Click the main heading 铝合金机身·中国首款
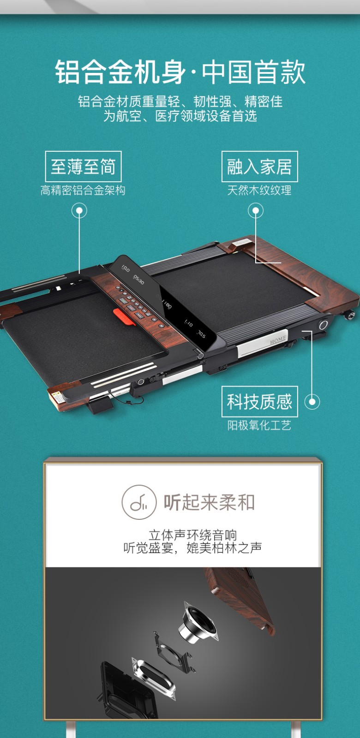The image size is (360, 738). pos(180,72)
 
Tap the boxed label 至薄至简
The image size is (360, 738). pos(83,167)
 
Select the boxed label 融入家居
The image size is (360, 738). pos(259,167)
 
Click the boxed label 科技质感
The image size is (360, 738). pos(259,402)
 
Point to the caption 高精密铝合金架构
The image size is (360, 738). pos(83,190)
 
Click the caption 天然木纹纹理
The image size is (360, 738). pos(259,190)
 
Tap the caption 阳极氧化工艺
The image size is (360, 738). pos(259,425)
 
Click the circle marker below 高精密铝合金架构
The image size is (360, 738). pos(79,210)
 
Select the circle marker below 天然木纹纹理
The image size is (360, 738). pos(256,210)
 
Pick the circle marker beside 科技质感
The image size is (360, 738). pos(312,402)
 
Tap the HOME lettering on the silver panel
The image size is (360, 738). pos(278,340)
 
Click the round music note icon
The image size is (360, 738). pos(139,502)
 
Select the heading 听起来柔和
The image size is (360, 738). pos(210,502)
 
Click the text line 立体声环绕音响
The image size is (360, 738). pos(193,535)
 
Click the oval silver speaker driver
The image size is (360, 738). pos(154,677)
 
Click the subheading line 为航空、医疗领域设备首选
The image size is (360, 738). pos(180,116)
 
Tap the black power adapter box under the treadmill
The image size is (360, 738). pos(101,405)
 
